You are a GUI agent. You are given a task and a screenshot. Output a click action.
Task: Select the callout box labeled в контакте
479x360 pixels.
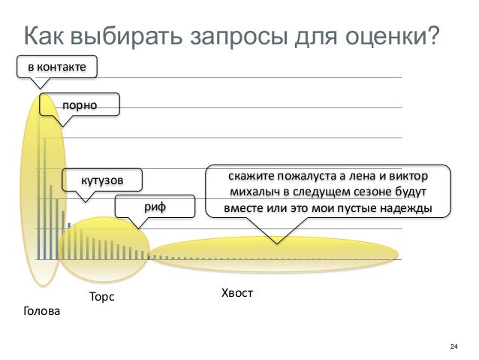click(x=57, y=68)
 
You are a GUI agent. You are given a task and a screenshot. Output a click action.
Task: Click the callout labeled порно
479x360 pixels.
click(x=80, y=105)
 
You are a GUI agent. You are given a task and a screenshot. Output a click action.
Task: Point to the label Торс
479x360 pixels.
click(x=101, y=297)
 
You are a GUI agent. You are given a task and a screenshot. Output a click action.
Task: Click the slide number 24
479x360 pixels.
click(x=453, y=346)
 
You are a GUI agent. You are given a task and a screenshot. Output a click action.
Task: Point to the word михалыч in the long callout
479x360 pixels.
click(x=243, y=192)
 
